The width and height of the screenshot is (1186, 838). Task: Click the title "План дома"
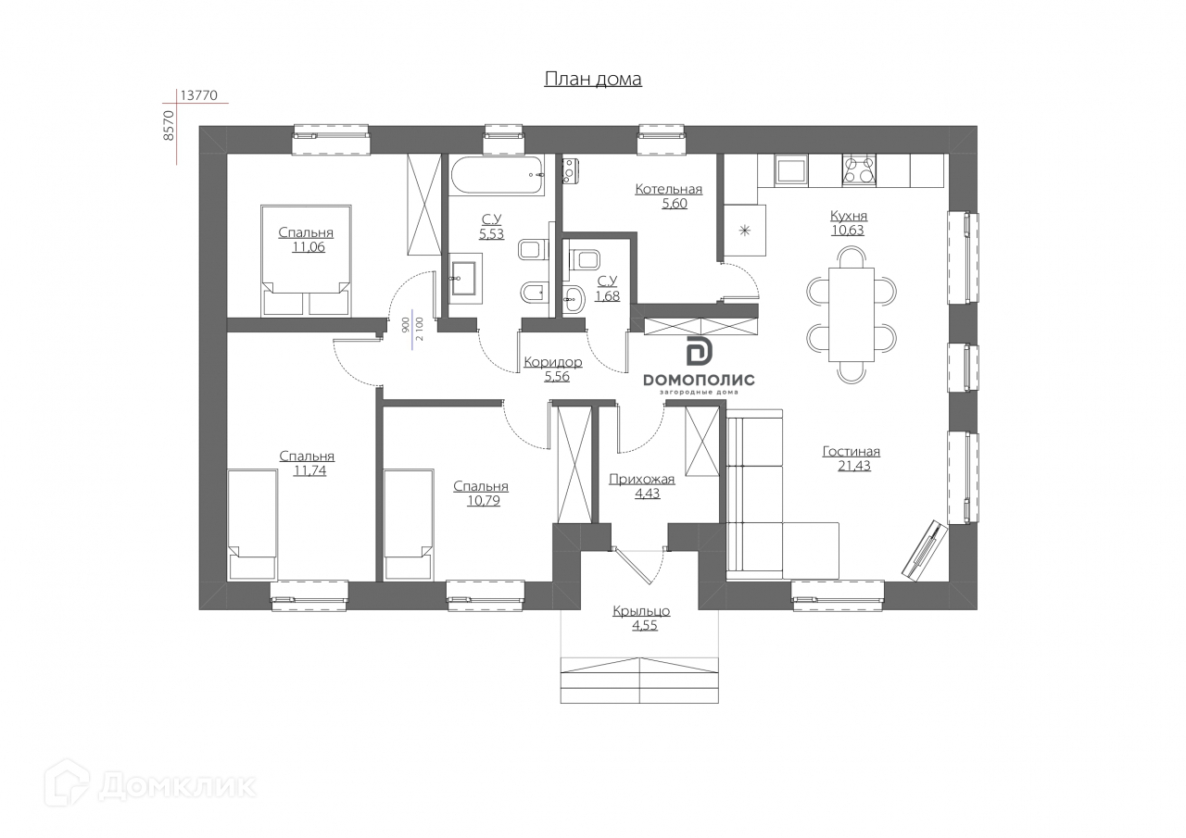[592, 80]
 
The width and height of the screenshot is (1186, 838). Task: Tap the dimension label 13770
[203, 95]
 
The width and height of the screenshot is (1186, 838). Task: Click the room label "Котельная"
[668, 190]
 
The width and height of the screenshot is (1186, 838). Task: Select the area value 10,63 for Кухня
[848, 231]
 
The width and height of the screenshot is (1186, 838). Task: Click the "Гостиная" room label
[851, 452]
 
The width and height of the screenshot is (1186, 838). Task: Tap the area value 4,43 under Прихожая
[641, 494]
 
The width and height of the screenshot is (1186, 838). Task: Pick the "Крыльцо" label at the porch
[640, 611]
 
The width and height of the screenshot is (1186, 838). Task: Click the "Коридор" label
[552, 362]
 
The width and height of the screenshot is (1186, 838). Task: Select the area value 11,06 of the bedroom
[309, 247]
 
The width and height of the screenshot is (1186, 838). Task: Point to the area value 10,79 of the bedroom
[480, 500]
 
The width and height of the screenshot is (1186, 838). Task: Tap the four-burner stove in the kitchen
[859, 169]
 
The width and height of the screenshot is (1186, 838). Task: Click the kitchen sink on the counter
[790, 169]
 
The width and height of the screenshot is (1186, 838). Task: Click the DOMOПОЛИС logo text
[699, 380]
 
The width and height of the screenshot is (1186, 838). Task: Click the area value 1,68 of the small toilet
[607, 296]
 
